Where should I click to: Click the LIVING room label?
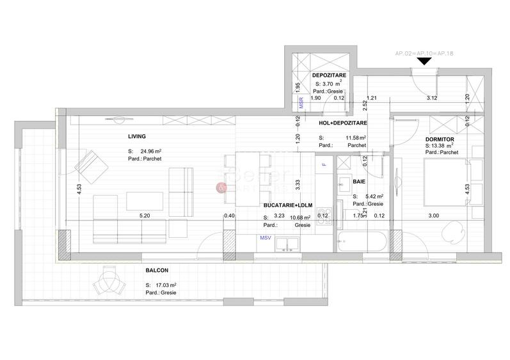137,136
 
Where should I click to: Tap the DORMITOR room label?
440,139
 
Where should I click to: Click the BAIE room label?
358,182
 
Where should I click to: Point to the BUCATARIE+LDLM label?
287,205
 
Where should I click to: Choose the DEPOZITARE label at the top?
329,75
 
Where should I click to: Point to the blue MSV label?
265,237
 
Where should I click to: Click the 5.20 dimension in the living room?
145,216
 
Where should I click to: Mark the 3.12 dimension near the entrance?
432,98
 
